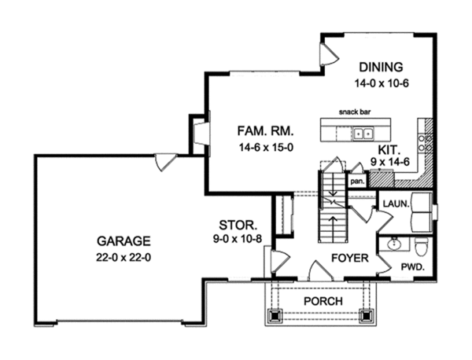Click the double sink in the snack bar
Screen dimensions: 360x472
[x=363, y=133]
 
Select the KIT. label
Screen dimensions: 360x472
[x=386, y=147]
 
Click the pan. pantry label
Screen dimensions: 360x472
[x=356, y=180]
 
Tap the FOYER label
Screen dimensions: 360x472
[x=344, y=257]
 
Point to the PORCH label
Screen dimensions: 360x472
[x=319, y=302]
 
